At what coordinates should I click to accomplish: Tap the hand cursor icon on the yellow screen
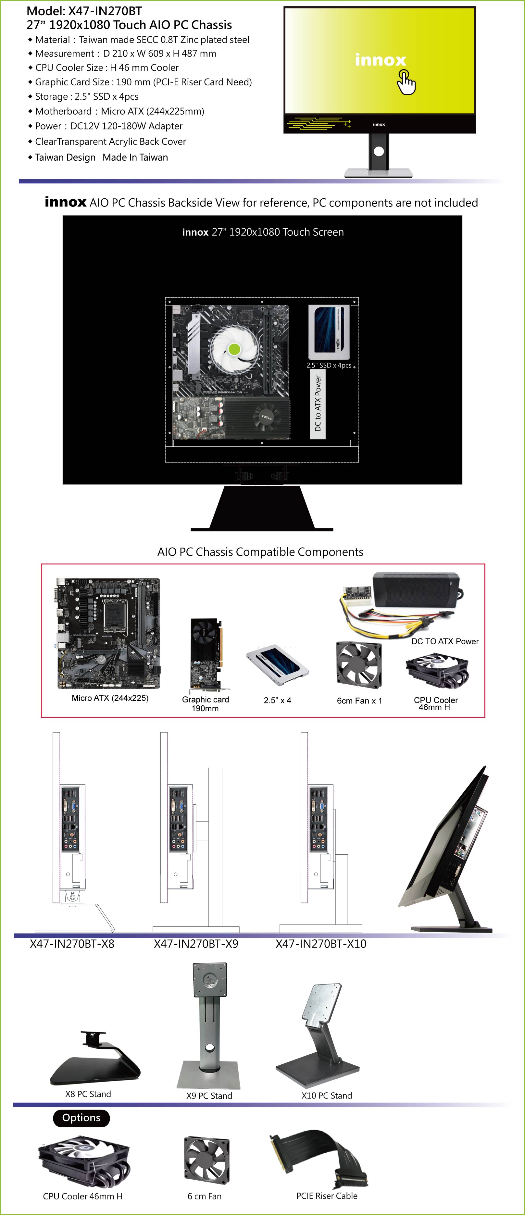click(406, 82)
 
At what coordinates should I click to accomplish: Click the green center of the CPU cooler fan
click(234, 349)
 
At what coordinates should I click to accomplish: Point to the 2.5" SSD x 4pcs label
click(329, 365)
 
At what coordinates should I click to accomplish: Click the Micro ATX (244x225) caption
click(110, 698)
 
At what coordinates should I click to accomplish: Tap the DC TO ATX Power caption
click(445, 641)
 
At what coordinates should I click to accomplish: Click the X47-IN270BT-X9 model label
click(196, 944)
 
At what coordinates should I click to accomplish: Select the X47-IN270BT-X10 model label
click(321, 944)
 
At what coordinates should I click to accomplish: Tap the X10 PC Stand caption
click(327, 1096)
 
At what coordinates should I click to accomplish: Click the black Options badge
click(81, 1118)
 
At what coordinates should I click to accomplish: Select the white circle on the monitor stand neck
click(379, 151)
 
